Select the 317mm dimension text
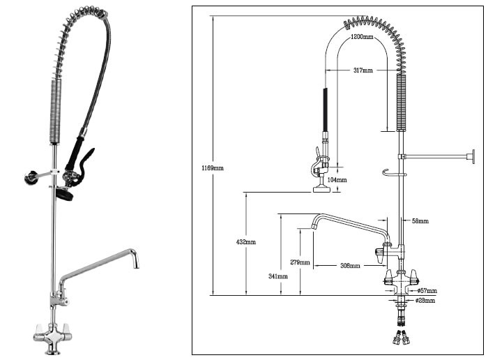[363, 70]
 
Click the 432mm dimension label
[246, 242]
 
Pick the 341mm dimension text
[277, 277]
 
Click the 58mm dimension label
[420, 221]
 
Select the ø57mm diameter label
[427, 290]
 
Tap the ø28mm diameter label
[425, 301]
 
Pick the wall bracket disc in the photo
[29, 179]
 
